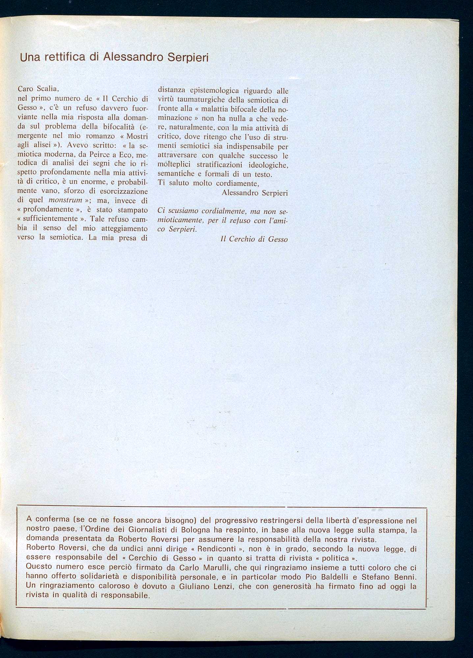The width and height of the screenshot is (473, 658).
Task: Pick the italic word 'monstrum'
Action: tap(65, 200)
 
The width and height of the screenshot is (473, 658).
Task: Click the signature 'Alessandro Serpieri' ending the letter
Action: tap(255, 193)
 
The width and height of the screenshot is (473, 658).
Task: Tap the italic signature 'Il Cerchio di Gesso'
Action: tap(254, 239)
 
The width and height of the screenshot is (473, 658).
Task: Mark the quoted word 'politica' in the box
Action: tap(335, 558)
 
